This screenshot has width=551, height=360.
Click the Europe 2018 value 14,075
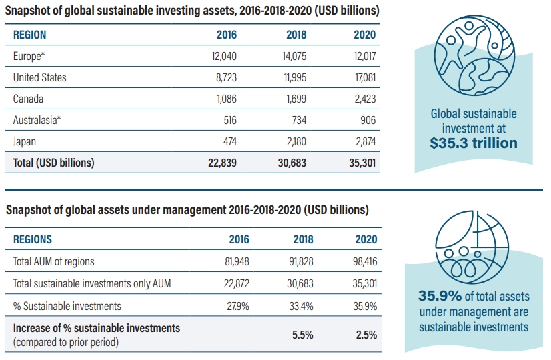coord(294,56)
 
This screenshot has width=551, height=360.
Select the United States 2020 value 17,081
coord(365,77)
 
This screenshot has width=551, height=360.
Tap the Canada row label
coord(28,99)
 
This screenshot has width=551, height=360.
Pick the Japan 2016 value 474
coord(230,141)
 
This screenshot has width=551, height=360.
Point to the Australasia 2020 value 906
coord(368,120)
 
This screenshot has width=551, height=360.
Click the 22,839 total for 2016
coord(222,163)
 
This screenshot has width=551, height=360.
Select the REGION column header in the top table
coord(29,35)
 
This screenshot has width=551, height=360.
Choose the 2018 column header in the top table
coord(296,35)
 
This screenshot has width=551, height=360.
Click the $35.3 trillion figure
coord(474,143)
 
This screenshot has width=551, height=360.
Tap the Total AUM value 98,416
coord(365,261)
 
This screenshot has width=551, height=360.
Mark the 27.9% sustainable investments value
coord(238,306)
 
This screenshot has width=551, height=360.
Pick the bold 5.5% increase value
coord(303,335)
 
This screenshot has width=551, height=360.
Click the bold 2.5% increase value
coord(366,335)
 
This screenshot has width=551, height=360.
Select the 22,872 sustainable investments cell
coord(237,283)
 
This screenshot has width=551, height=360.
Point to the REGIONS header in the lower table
coord(32,239)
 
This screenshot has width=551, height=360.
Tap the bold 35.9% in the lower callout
coord(440,296)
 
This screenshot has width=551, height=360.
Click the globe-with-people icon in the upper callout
coord(474,55)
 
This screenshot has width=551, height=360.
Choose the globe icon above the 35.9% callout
coord(472,247)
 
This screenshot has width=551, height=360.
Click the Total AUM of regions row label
coord(54,261)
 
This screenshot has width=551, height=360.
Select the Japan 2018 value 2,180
coord(296,141)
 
